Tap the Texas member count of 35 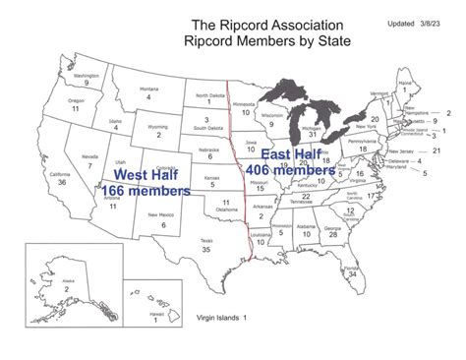(179, 251)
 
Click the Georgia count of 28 (334, 235)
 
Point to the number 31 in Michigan (313, 134)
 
